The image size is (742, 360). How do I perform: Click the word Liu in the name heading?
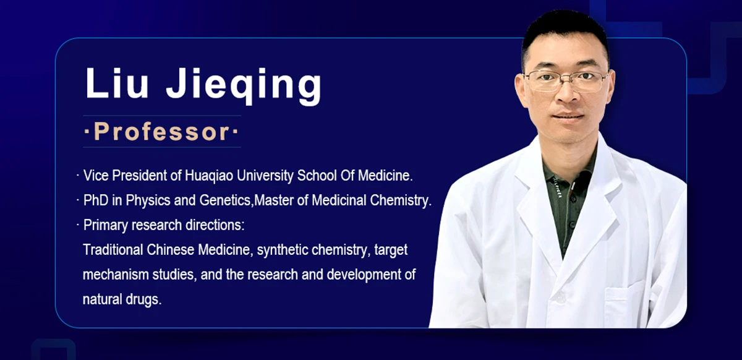click(117, 83)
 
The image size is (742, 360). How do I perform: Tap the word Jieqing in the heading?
click(244, 86)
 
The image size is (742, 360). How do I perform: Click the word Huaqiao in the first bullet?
click(209, 176)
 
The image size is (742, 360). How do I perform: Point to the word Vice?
click(96, 175)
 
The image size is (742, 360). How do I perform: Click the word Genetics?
click(225, 200)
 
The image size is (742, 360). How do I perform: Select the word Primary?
click(105, 226)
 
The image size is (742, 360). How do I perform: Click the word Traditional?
click(113, 250)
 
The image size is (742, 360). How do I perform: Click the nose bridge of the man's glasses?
click(567, 77)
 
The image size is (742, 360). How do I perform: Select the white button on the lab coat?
click(560, 298)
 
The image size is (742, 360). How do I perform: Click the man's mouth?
click(568, 116)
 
